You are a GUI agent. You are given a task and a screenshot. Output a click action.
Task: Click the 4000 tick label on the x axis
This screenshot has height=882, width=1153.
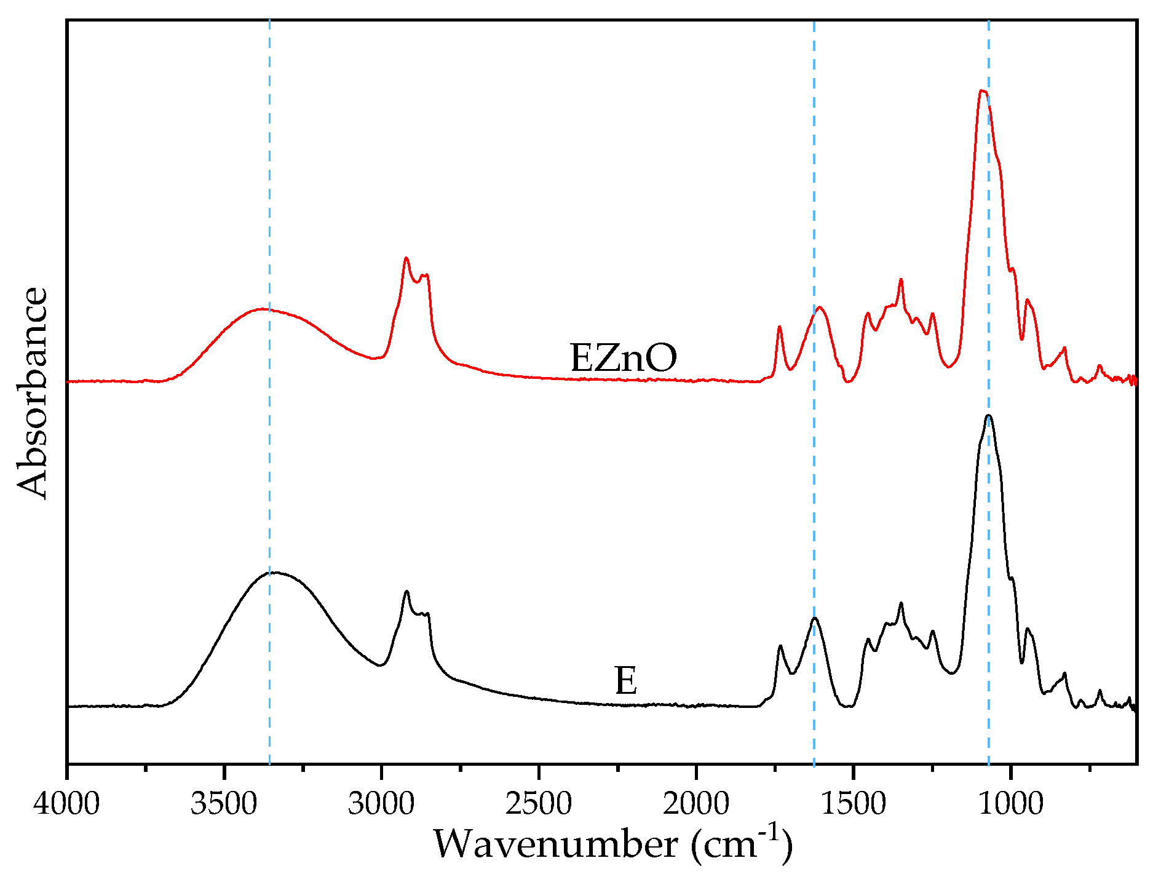coord(66,803)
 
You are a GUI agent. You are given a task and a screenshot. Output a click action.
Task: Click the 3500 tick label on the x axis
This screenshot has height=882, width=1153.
coord(224,803)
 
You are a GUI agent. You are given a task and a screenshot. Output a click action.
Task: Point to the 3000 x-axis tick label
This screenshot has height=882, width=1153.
coord(381,803)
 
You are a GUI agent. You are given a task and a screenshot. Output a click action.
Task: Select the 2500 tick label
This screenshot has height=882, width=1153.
coord(539,803)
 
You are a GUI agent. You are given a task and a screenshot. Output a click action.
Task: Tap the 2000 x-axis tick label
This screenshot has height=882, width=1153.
coord(696,803)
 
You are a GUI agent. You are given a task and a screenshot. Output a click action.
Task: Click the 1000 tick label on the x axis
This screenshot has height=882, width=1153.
coord(1010,803)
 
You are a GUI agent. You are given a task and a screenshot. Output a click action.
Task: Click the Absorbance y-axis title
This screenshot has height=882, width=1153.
coord(32,393)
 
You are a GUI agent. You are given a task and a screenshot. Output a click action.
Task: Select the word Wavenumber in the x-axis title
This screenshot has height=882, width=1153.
coord(555,844)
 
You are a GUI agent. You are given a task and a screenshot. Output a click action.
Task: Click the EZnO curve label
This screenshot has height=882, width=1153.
coord(623,358)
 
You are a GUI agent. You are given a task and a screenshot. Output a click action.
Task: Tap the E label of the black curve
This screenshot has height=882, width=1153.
coord(625,681)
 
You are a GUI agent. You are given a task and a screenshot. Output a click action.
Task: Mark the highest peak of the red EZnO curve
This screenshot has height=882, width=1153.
coord(982,91)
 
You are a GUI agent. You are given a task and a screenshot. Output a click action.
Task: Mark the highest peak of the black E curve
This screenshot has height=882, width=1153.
coord(989,416)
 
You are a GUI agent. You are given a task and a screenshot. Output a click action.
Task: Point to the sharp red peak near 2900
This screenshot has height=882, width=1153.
coord(406,258)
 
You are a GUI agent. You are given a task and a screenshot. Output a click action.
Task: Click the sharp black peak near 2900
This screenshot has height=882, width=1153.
coord(406,592)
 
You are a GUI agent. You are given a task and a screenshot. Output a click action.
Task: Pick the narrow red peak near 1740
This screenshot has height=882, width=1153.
coord(779,327)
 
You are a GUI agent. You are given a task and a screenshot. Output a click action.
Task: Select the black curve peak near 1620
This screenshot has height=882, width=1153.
coord(814,618)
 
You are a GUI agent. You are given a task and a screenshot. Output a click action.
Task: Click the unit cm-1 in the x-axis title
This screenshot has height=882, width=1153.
coord(740,844)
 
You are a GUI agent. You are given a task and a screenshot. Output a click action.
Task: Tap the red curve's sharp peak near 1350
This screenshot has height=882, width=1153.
coord(901,280)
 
